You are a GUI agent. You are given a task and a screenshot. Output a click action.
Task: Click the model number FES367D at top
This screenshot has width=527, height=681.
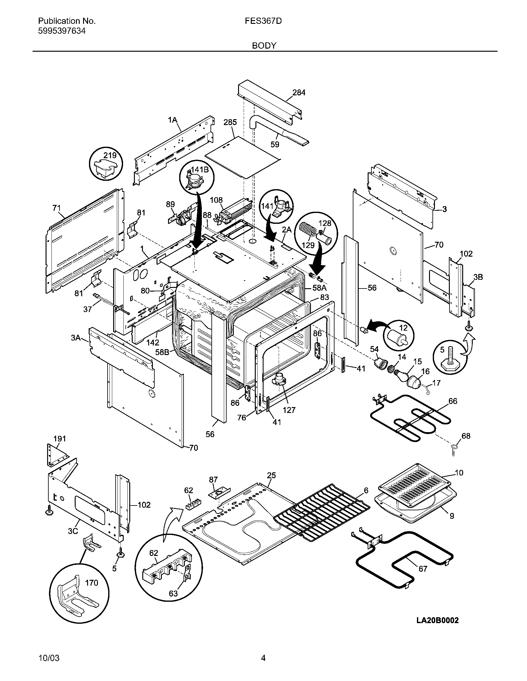pyautogui.click(x=263, y=21)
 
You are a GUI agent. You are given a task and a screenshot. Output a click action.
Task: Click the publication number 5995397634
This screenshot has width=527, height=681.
pyautogui.click(x=62, y=31)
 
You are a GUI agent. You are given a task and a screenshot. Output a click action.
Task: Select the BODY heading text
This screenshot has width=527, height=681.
pyautogui.click(x=264, y=46)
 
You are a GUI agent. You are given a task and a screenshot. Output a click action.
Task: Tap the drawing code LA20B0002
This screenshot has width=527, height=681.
pyautogui.click(x=437, y=620)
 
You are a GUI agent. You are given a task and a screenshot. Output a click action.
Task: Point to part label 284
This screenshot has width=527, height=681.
pyautogui.click(x=299, y=92)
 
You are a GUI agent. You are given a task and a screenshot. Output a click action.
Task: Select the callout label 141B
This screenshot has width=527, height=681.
pyautogui.click(x=200, y=169)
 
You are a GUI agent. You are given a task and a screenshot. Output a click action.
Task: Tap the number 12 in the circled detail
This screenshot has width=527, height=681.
pyautogui.click(x=403, y=328)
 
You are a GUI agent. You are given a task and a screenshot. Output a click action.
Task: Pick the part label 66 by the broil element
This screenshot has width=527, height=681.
pyautogui.click(x=452, y=401)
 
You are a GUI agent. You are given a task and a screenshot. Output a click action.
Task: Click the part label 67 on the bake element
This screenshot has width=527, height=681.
pyautogui.click(x=423, y=569)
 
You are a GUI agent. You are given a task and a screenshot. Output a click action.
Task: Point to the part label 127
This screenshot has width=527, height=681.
pyautogui.click(x=289, y=410)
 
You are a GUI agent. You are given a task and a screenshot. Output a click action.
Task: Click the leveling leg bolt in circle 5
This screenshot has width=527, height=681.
pyautogui.click(x=450, y=362)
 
